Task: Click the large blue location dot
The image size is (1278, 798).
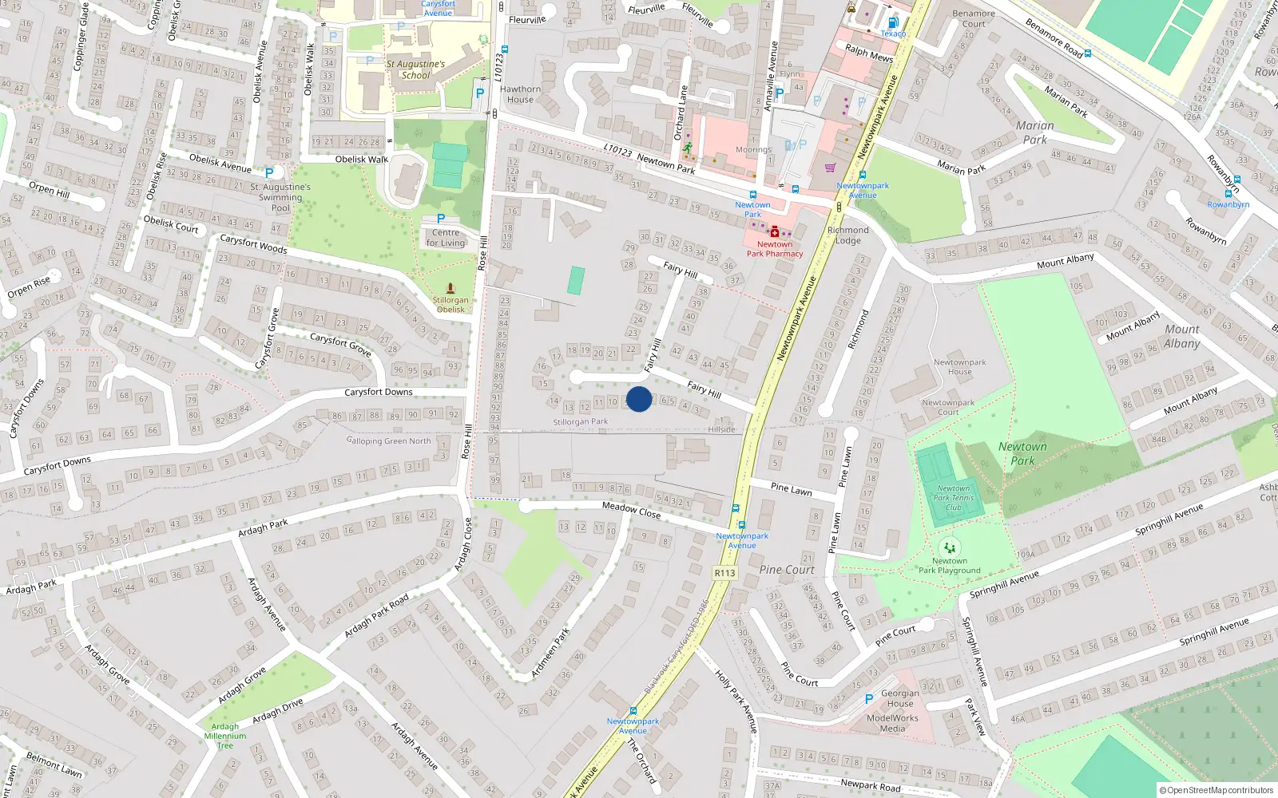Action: tap(639, 399)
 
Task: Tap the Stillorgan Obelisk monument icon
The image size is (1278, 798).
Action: tap(450, 288)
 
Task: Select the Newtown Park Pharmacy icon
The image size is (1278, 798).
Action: tap(774, 231)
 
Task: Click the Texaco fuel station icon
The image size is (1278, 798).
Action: tap(893, 22)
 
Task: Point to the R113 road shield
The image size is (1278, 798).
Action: tap(724, 573)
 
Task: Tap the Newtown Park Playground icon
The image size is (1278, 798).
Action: tap(949, 547)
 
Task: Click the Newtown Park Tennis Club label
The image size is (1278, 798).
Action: tap(954, 498)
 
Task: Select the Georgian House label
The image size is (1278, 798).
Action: tap(900, 698)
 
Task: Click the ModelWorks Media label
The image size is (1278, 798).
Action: tap(892, 723)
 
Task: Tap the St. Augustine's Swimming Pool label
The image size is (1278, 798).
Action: tap(280, 197)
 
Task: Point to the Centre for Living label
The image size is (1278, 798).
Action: tap(445, 238)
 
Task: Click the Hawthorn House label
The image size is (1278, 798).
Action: tap(520, 94)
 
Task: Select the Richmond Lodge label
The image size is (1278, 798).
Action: tap(848, 235)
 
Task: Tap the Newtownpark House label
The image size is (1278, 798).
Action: tap(959, 366)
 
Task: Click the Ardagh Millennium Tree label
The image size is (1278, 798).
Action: tap(225, 736)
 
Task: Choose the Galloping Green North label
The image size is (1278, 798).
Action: tap(388, 440)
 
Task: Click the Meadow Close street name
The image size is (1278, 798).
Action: tap(631, 509)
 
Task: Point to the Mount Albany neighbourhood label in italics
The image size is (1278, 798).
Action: tap(1181, 336)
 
